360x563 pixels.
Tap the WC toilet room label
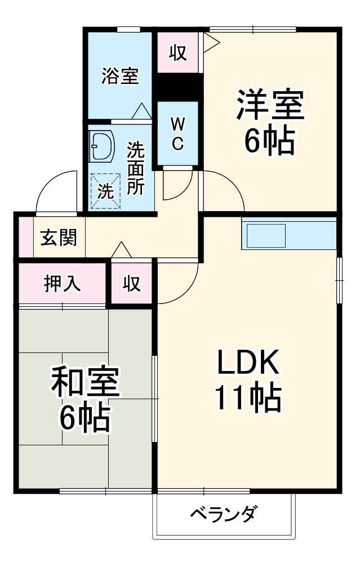click(177, 134)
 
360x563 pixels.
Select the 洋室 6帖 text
click(270, 123)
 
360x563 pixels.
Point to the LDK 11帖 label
click(248, 382)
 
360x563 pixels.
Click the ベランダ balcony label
click(224, 514)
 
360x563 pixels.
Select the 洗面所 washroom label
click(135, 168)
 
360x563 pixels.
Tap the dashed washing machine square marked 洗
click(105, 190)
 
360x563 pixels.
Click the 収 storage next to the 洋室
click(178, 52)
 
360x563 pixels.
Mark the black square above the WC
click(178, 87)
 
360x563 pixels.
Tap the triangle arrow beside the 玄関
click(121, 250)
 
